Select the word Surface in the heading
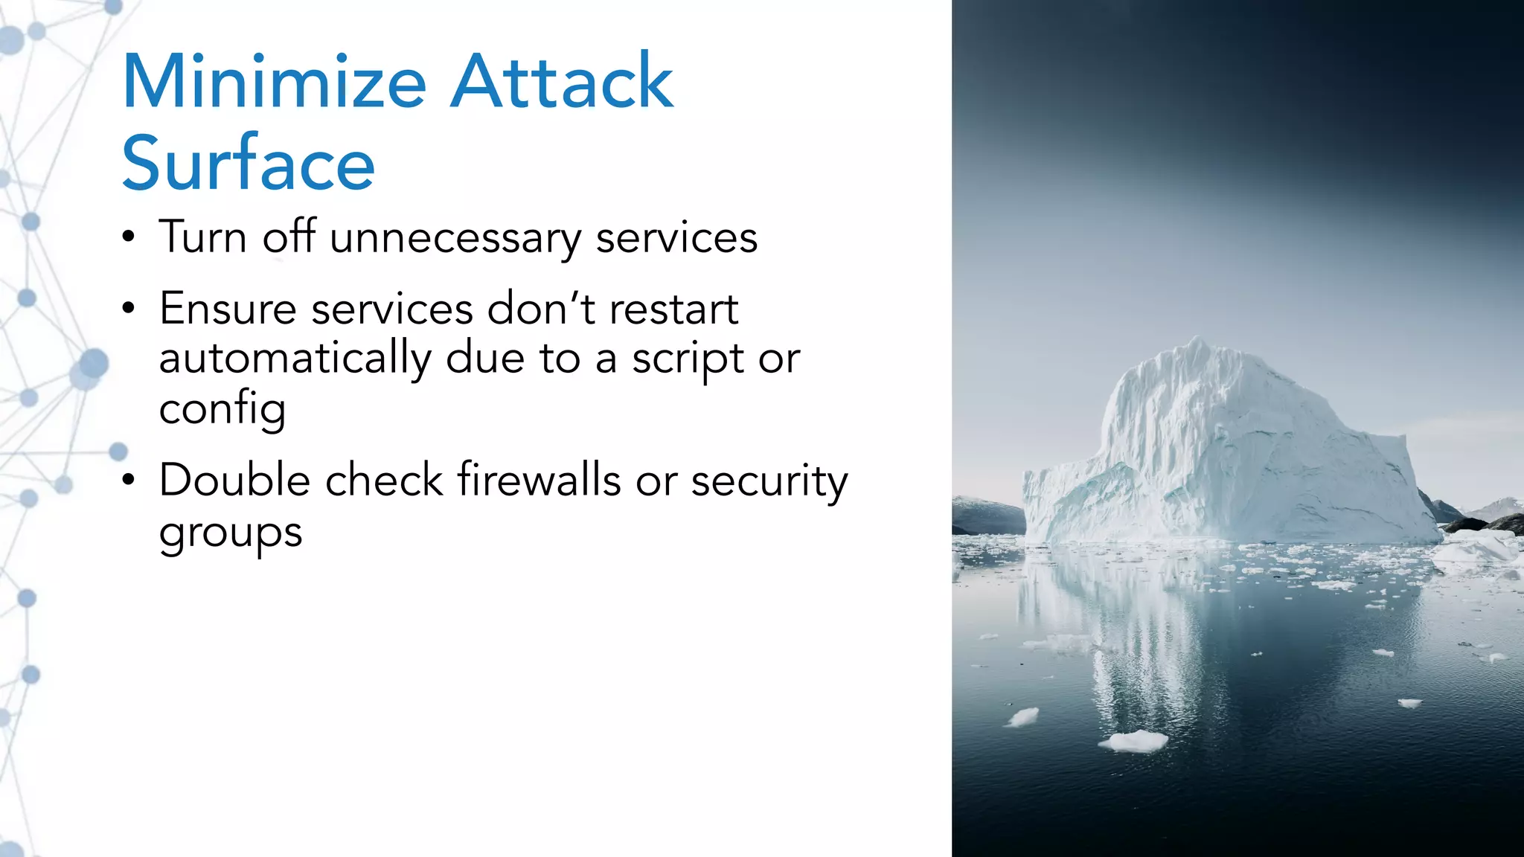click(x=248, y=164)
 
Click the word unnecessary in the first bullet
click(x=455, y=238)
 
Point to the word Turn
click(x=202, y=238)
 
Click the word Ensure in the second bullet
click(x=227, y=309)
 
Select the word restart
click(x=673, y=309)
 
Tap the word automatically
click(x=294, y=359)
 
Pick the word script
click(x=688, y=359)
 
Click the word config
click(x=222, y=409)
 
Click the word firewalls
click(x=539, y=480)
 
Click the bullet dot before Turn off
click(x=129, y=238)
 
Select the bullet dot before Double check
click(x=129, y=481)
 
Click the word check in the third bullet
click(x=384, y=480)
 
